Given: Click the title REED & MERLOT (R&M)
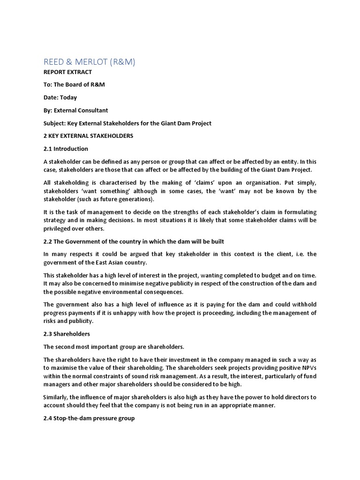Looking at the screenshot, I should (89, 62).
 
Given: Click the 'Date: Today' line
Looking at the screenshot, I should (60, 97).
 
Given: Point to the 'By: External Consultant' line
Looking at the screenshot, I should (75, 111).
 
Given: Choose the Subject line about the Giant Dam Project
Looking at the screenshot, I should (127, 123).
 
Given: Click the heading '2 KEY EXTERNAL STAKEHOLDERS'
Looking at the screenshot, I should (88, 136).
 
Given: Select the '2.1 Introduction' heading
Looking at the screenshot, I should (66, 149).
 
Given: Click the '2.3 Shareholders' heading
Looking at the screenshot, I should (67, 334).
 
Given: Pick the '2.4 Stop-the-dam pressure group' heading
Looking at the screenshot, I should (89, 418).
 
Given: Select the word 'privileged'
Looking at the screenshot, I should (59, 228).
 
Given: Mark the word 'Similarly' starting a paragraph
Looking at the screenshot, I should (56, 397).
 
